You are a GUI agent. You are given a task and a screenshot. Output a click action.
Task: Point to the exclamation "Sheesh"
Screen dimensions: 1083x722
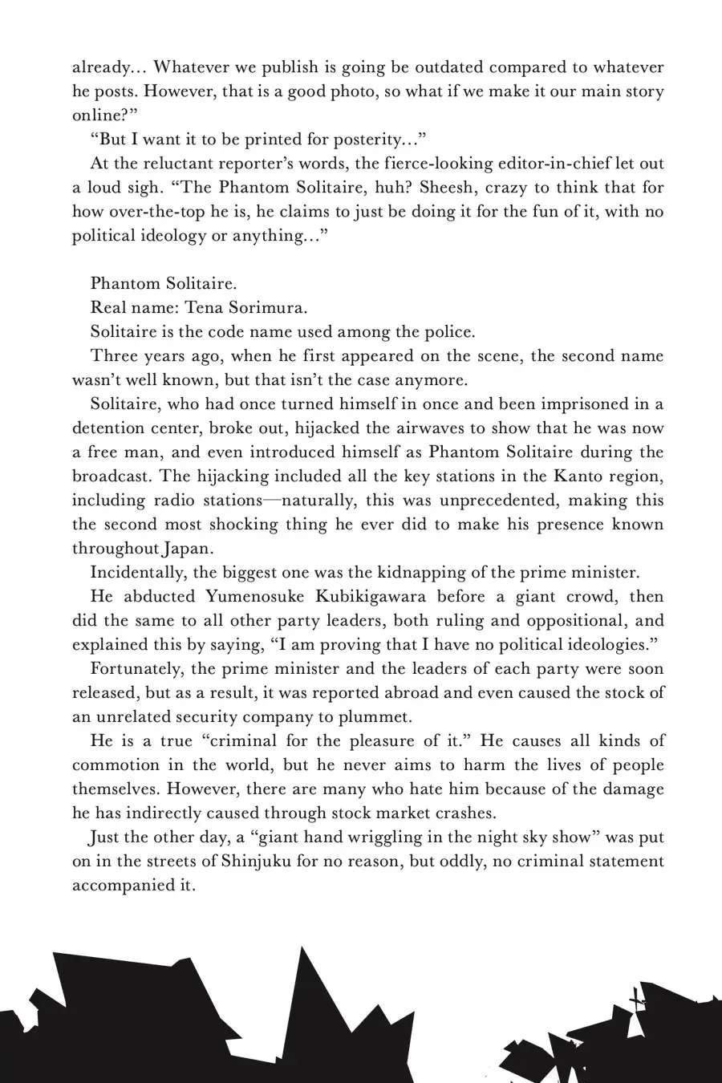[450, 188]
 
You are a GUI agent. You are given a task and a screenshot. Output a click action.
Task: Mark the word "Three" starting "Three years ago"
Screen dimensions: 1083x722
[115, 356]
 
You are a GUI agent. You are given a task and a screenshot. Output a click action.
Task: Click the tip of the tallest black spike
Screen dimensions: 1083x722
[302, 947]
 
